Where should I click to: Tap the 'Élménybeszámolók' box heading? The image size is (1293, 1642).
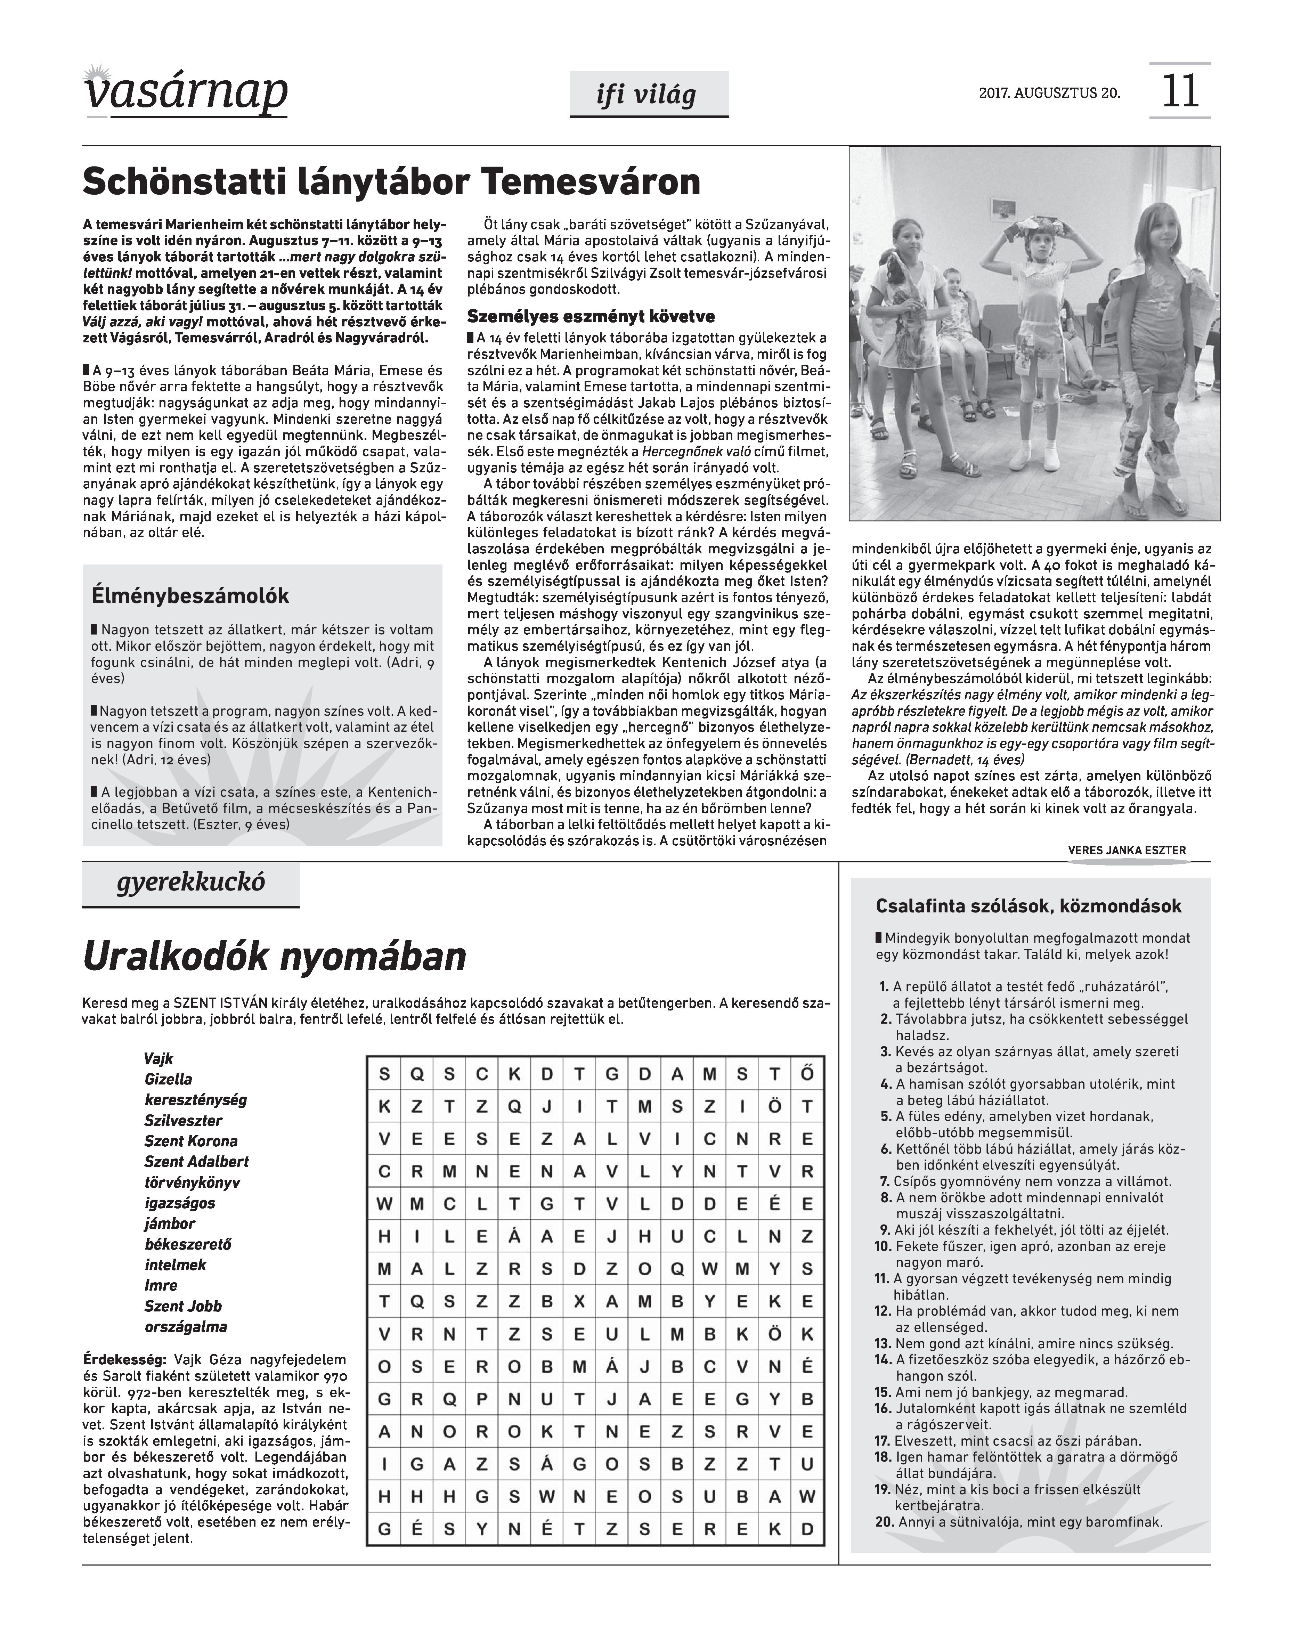pos(190,596)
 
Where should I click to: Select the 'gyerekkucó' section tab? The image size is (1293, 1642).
pos(191,883)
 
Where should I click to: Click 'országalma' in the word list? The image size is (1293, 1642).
pos(186,1326)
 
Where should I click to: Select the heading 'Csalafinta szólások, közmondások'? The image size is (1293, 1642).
pos(1028,906)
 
